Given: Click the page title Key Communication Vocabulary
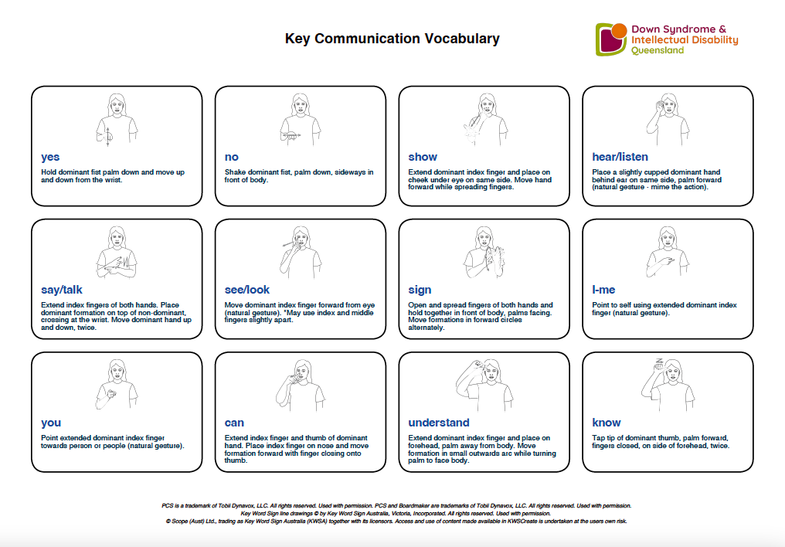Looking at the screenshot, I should point(392,39).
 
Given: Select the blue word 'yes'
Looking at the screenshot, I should point(50,157).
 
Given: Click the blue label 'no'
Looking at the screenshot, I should point(232,157).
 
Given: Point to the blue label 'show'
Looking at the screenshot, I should point(423,157).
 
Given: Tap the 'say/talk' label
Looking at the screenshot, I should point(62,290).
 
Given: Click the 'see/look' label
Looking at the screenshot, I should point(247,290).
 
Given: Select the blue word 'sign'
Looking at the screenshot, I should point(420,290).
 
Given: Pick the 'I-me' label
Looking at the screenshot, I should point(603,290).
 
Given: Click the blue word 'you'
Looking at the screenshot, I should point(51,423).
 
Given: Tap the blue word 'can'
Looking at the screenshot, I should point(234,423).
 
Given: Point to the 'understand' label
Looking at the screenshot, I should point(438,423).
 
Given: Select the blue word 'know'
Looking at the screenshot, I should point(606,423).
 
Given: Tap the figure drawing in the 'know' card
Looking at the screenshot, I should point(667,385).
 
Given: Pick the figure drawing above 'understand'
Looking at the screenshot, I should point(483,385).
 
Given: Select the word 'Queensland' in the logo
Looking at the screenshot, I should point(658,51).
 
